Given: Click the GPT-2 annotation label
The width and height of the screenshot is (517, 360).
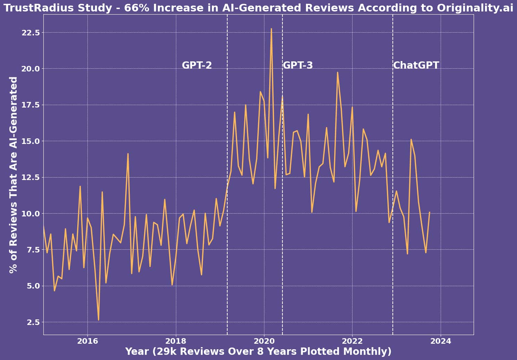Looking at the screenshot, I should (x=197, y=65).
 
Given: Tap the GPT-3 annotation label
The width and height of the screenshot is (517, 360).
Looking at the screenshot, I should (x=298, y=65).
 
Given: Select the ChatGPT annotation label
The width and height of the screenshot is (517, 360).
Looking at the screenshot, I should (x=416, y=65).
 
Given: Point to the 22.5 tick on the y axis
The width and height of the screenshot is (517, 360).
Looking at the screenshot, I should (x=31, y=33).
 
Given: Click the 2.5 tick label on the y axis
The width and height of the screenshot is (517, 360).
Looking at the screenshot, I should (x=33, y=322).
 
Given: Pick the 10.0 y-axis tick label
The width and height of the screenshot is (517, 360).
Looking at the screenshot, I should (x=31, y=214).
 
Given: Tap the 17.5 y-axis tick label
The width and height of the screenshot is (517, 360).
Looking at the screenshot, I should (x=31, y=105).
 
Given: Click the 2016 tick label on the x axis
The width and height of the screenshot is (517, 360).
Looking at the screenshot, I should (x=87, y=341).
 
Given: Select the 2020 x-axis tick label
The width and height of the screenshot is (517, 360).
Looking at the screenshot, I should (x=264, y=341).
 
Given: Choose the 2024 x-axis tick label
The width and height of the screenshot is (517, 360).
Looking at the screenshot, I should (x=441, y=341).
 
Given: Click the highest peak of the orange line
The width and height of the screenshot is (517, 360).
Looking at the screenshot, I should (x=271, y=29).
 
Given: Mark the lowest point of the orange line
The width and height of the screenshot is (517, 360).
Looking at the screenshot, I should (x=99, y=320).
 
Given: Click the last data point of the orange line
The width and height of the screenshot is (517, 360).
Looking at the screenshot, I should (x=430, y=212).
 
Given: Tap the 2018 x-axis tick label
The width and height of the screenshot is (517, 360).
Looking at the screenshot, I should (x=176, y=341).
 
